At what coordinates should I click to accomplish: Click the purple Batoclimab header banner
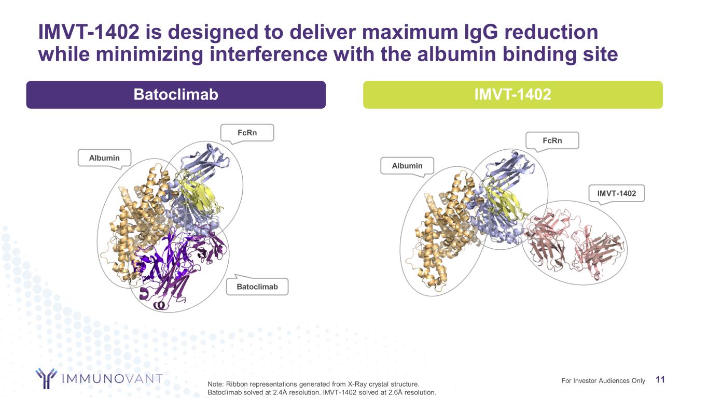click(x=176, y=95)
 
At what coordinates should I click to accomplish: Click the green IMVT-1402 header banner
click(x=512, y=95)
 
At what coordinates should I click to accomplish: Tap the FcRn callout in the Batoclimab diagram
click(x=247, y=133)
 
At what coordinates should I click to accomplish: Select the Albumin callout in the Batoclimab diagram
click(x=104, y=158)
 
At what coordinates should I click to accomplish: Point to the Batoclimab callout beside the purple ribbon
click(x=257, y=287)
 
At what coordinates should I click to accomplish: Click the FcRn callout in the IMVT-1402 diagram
click(x=552, y=141)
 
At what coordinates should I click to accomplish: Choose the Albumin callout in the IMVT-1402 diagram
click(x=407, y=166)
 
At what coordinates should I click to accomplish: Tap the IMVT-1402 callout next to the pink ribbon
click(x=616, y=193)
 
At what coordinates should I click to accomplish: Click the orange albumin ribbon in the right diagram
click(x=442, y=231)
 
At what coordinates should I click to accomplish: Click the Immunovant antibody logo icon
click(x=46, y=378)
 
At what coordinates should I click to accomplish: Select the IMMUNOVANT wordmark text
click(x=112, y=378)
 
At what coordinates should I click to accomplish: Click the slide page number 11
click(x=660, y=380)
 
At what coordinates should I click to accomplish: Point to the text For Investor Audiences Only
click(x=603, y=380)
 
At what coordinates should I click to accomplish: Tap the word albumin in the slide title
click(x=457, y=54)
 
